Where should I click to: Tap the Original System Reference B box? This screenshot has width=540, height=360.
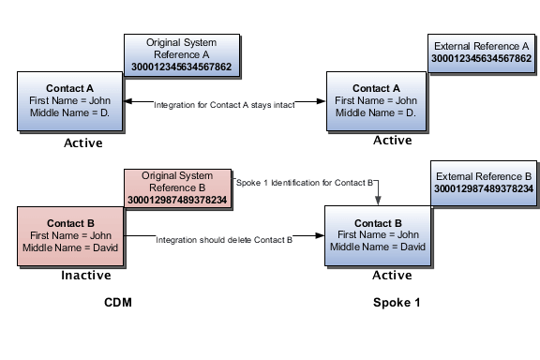click(179, 187)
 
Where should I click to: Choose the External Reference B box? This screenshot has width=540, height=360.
click(483, 182)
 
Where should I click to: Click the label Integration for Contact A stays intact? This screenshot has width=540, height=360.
click(225, 105)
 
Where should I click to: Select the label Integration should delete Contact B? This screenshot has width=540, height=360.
click(225, 241)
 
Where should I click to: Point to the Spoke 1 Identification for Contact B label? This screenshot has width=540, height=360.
click(306, 181)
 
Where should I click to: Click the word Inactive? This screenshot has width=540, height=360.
click(87, 276)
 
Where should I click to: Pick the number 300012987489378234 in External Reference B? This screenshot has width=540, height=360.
click(483, 189)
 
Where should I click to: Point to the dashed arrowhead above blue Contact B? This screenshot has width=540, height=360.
click(379, 201)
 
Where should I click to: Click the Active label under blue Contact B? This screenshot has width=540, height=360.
click(393, 276)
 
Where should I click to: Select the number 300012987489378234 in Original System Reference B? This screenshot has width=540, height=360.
click(179, 200)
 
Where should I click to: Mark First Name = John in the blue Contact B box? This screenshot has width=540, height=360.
click(378, 234)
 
